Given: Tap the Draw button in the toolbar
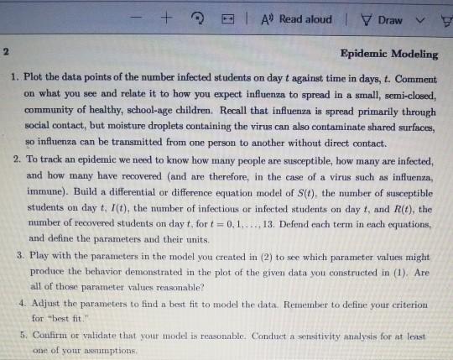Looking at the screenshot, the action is coord(389,19).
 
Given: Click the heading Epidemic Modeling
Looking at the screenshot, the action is coord(391,55).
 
